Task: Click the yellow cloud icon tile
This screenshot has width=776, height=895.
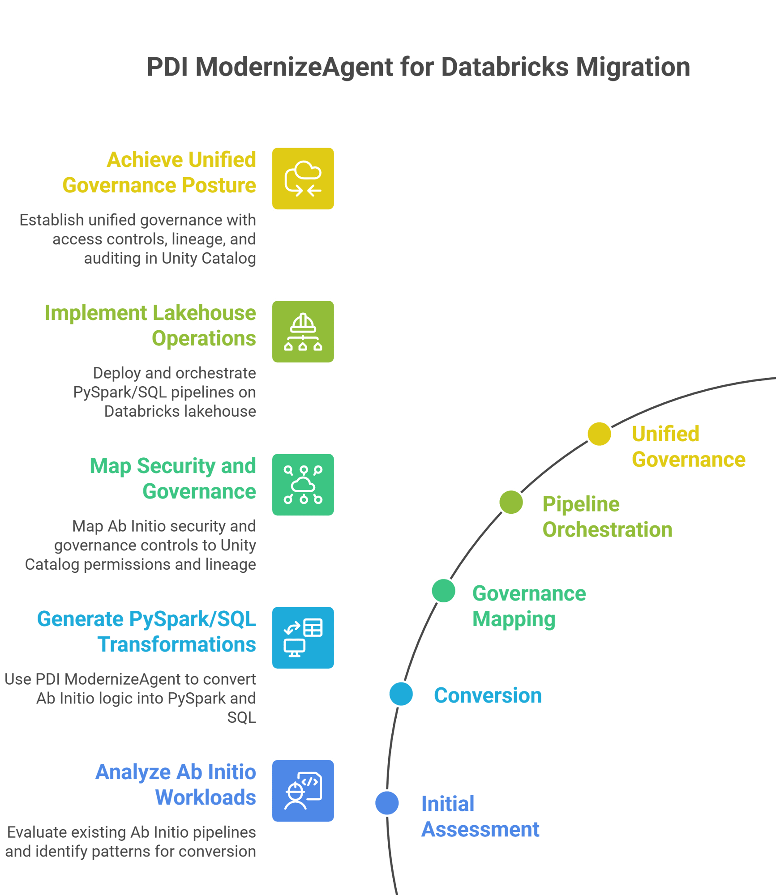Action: [x=303, y=179]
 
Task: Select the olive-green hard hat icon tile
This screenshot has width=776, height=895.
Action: [x=303, y=332]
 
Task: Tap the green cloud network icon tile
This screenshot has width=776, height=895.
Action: [x=303, y=485]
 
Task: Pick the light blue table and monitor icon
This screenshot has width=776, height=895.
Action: [x=303, y=638]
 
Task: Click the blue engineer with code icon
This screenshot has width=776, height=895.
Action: [x=303, y=791]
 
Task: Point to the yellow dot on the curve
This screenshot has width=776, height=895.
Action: [x=599, y=434]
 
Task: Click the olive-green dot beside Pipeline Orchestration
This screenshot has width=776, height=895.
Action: [x=511, y=502]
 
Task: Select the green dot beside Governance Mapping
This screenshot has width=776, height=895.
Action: [x=443, y=591]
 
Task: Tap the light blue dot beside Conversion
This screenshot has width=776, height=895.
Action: [x=401, y=694]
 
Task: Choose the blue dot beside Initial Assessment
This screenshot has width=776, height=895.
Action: [x=387, y=803]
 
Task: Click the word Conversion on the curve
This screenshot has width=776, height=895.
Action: [x=488, y=695]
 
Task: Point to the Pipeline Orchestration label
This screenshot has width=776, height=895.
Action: [x=607, y=517]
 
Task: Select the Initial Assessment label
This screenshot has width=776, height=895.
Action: [x=480, y=817]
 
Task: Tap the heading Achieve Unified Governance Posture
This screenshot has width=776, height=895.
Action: [x=159, y=172]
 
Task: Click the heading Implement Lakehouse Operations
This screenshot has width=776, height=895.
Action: [x=150, y=325]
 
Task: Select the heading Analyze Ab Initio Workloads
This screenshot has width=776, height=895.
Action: [x=176, y=784]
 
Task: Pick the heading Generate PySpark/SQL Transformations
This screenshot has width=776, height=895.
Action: [x=147, y=631]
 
